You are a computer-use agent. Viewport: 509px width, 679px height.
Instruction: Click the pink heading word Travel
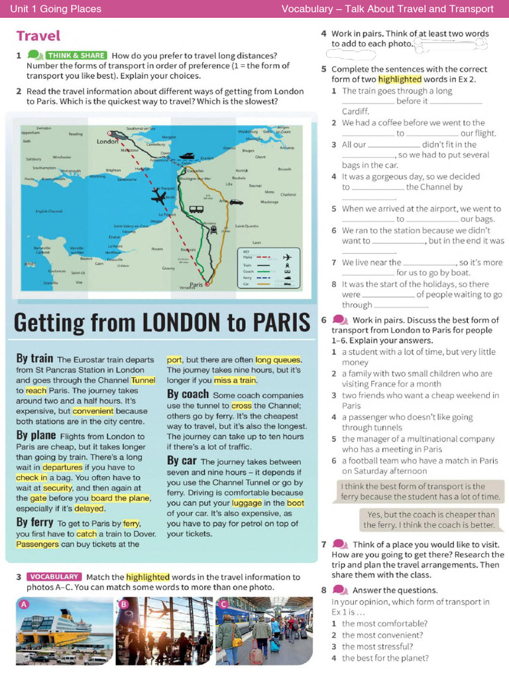(x=38, y=36)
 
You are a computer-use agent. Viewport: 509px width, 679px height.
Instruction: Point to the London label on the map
(x=107, y=142)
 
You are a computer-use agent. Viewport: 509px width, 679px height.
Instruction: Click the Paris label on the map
(x=196, y=284)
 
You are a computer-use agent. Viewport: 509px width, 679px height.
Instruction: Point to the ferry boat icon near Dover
(x=188, y=157)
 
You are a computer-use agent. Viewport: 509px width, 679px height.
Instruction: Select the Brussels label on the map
(x=285, y=169)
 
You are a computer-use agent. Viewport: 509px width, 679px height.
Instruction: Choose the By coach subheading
(x=188, y=394)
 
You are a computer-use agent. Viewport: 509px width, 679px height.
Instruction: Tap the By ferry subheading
(x=32, y=523)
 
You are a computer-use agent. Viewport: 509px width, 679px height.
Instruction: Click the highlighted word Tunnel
(x=143, y=381)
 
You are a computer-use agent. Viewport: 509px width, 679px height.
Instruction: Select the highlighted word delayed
(x=89, y=509)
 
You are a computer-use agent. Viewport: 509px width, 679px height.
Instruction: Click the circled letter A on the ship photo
(x=25, y=604)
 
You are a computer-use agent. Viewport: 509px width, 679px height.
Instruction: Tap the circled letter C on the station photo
(x=223, y=604)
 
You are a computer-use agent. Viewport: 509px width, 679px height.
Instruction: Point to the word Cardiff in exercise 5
(x=355, y=111)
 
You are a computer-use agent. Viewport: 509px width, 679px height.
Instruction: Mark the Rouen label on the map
(x=157, y=249)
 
